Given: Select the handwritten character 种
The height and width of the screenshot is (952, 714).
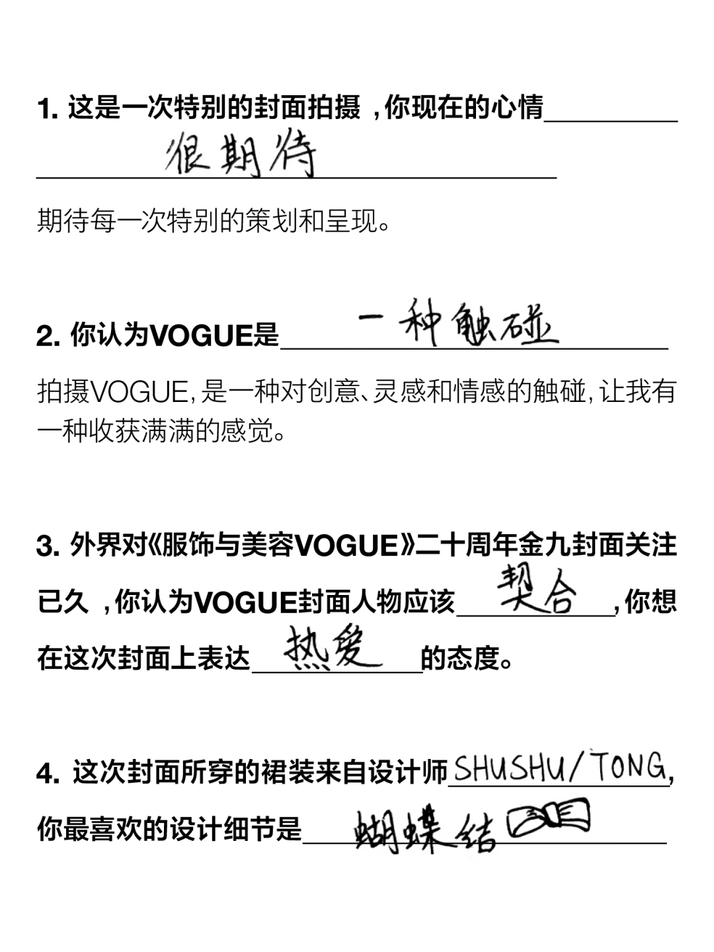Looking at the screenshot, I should pos(422,322).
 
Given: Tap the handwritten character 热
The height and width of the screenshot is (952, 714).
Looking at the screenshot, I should pos(305,648).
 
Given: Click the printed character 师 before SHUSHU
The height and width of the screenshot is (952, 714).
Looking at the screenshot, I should pos(440,771).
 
